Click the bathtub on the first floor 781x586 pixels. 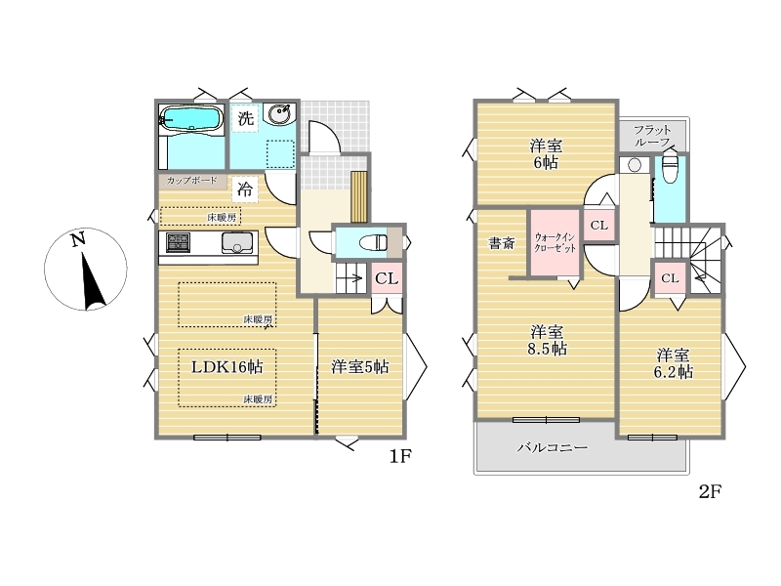pos(191,118)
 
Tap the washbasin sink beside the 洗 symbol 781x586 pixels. pos(279,115)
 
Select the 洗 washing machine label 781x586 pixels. pos(246,118)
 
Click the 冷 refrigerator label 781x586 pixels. pos(245,189)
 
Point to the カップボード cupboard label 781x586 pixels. pos(191,181)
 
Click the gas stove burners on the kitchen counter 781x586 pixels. pos(178,242)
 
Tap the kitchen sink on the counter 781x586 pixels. pos(237,242)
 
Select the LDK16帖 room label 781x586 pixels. pos(227,367)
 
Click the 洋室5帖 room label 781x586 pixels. pos(360,367)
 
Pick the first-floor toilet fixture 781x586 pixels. pos(374,243)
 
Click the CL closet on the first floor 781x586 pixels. pos(387,278)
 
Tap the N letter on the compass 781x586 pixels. pos(77,240)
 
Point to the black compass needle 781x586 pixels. pos(93,282)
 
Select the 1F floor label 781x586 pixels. pos(400,456)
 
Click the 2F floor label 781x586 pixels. pos(711,492)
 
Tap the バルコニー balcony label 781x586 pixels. pos(553,447)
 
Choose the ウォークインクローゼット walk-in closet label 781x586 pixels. pos(555,242)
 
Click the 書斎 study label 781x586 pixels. pos(502,243)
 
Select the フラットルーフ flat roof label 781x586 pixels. pos(652,136)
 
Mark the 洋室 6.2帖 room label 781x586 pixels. pos(674,363)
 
